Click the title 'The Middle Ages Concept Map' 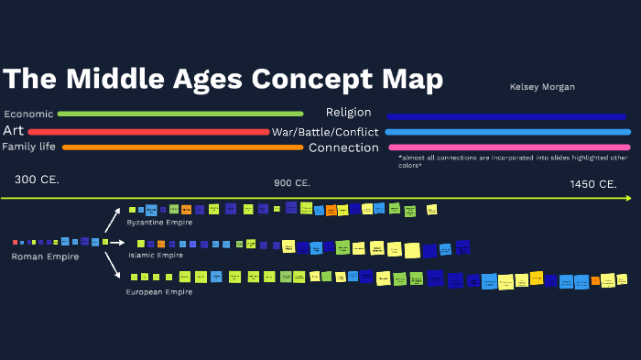[x=223, y=79]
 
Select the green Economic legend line [x=180, y=114]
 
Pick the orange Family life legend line [x=182, y=147]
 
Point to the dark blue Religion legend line [x=505, y=116]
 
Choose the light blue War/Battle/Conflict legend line [x=508, y=132]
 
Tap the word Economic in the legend [x=28, y=115]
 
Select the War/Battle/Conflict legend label [x=322, y=132]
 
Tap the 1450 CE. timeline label [x=593, y=184]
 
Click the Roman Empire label [x=45, y=256]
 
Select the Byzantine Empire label [x=160, y=223]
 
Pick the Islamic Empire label [x=156, y=255]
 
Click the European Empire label [x=159, y=291]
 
